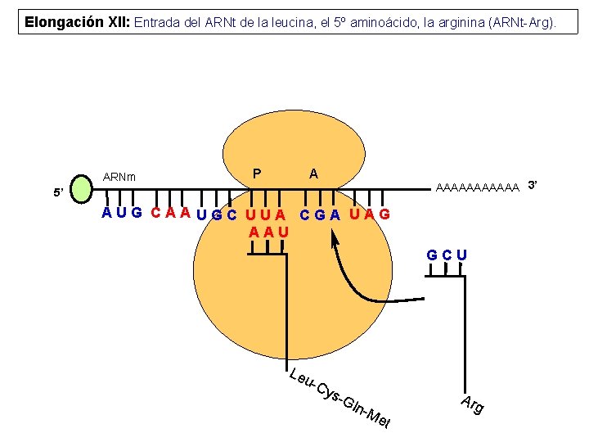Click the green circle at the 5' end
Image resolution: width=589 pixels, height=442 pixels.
coord(83,188)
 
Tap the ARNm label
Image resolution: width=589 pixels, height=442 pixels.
coord(119,177)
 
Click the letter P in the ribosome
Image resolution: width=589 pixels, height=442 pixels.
coord(257,174)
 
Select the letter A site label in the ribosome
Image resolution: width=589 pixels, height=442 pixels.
coord(313,174)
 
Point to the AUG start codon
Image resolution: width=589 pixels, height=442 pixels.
coord(122,214)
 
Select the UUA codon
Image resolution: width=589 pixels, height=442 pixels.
coord(268,216)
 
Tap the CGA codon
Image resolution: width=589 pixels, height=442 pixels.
coord(321,215)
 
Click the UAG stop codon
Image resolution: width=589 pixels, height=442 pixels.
coord(370,214)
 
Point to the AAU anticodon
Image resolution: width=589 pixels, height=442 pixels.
coord(269,232)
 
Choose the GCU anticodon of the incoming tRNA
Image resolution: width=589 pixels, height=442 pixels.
coord(447,255)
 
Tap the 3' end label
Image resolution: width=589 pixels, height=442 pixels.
coord(532,184)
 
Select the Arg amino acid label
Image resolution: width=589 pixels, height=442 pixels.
coord(472,404)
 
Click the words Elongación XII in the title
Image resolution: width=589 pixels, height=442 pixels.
coord(76,22)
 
